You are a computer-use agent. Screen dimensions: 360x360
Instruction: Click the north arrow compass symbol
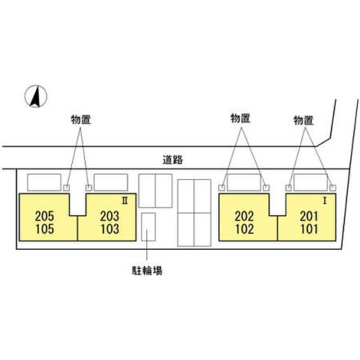tap(36, 96)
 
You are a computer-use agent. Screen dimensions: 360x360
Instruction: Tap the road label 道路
tap(172, 160)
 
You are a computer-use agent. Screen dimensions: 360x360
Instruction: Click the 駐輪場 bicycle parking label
tap(147, 271)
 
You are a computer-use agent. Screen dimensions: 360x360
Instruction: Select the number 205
tap(44, 216)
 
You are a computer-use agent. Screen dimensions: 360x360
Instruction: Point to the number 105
tap(45, 229)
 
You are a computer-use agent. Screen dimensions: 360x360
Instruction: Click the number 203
tap(109, 216)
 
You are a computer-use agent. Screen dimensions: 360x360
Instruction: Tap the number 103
tap(110, 229)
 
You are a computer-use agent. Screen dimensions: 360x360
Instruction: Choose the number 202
tap(244, 216)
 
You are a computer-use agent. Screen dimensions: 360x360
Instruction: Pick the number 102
tap(244, 229)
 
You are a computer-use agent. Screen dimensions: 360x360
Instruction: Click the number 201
tap(309, 216)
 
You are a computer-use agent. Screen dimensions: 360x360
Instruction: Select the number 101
tap(310, 229)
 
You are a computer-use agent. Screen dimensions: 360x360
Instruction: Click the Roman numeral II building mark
tap(124, 200)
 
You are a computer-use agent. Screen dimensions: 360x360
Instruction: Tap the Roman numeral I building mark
tap(325, 200)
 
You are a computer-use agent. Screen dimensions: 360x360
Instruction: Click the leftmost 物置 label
tap(80, 120)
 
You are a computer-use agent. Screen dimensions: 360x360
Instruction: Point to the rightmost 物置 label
tap(304, 121)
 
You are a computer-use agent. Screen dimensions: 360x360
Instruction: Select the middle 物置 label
tap(240, 118)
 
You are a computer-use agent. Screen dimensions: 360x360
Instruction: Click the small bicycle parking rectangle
tap(148, 226)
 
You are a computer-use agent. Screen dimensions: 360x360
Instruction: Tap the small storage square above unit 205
tap(66, 187)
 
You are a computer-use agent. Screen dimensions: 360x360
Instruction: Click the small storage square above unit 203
tap(88, 187)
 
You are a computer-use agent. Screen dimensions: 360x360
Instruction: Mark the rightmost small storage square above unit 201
tap(333, 187)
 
